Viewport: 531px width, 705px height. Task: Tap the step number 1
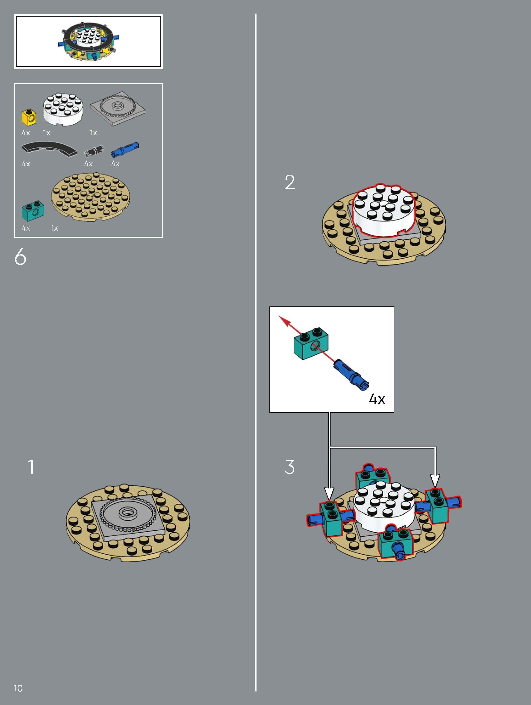[x=31, y=467]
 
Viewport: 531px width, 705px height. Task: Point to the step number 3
[x=289, y=467]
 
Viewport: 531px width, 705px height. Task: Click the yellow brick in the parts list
[x=29, y=116]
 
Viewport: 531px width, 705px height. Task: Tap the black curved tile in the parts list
[x=49, y=149]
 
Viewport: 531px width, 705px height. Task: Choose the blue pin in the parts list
[x=125, y=150]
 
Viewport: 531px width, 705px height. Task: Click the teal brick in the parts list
[x=33, y=210]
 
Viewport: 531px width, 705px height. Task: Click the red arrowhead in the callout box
[x=285, y=321]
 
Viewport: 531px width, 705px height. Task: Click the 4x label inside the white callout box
[x=377, y=399]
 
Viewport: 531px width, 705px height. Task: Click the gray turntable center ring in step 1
[x=127, y=513]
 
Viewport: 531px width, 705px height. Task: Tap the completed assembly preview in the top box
[x=88, y=42]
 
